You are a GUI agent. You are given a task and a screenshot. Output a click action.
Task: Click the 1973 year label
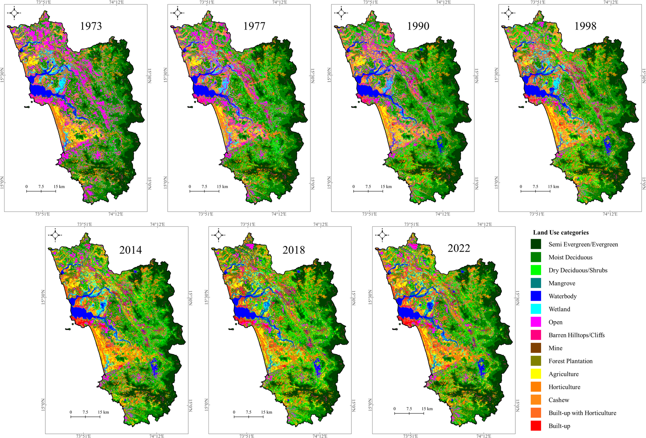[91, 26]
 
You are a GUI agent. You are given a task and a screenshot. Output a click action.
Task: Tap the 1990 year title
[418, 26]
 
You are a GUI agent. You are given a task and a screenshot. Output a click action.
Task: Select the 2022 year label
[459, 248]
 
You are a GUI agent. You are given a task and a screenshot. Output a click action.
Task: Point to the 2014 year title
[130, 250]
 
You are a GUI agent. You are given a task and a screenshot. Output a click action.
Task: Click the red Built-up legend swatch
[536, 426]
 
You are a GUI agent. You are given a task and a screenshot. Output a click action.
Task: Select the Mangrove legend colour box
[536, 283]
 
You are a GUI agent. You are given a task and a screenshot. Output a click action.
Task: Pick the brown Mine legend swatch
[536, 348]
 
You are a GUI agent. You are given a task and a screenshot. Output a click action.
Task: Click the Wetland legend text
[559, 309]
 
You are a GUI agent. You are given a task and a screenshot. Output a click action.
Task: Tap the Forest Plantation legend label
[570, 361]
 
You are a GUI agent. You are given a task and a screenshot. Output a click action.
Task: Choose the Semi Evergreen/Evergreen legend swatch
[536, 244]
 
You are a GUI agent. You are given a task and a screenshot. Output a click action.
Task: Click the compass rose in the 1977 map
[177, 13]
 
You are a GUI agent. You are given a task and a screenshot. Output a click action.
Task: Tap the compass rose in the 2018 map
[218, 235]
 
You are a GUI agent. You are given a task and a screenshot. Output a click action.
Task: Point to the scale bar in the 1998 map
[535, 191]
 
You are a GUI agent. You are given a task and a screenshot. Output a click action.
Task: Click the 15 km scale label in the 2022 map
[427, 409]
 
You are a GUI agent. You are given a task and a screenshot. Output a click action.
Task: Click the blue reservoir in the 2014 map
[154, 367]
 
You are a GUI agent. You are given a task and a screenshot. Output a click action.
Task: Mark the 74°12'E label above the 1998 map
[609, 2]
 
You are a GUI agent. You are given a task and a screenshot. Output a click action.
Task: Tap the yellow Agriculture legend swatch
[536, 374]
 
